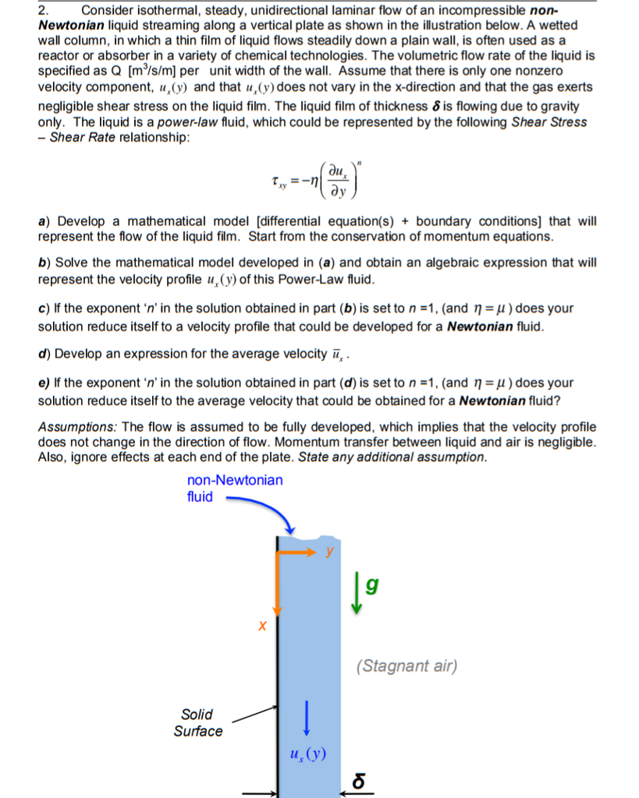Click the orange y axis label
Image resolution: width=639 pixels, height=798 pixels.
pyautogui.click(x=329, y=550)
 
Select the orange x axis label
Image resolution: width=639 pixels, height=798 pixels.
pyautogui.click(x=263, y=625)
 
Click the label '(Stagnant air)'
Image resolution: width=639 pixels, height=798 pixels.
pyautogui.click(x=406, y=666)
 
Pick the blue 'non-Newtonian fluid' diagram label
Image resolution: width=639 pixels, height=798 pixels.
pyautogui.click(x=234, y=488)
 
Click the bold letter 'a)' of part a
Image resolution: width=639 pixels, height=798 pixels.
pyautogui.click(x=44, y=221)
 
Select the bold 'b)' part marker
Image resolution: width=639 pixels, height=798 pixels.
pyautogui.click(x=44, y=263)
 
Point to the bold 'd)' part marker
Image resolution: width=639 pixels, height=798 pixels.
pyautogui.click(x=44, y=353)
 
